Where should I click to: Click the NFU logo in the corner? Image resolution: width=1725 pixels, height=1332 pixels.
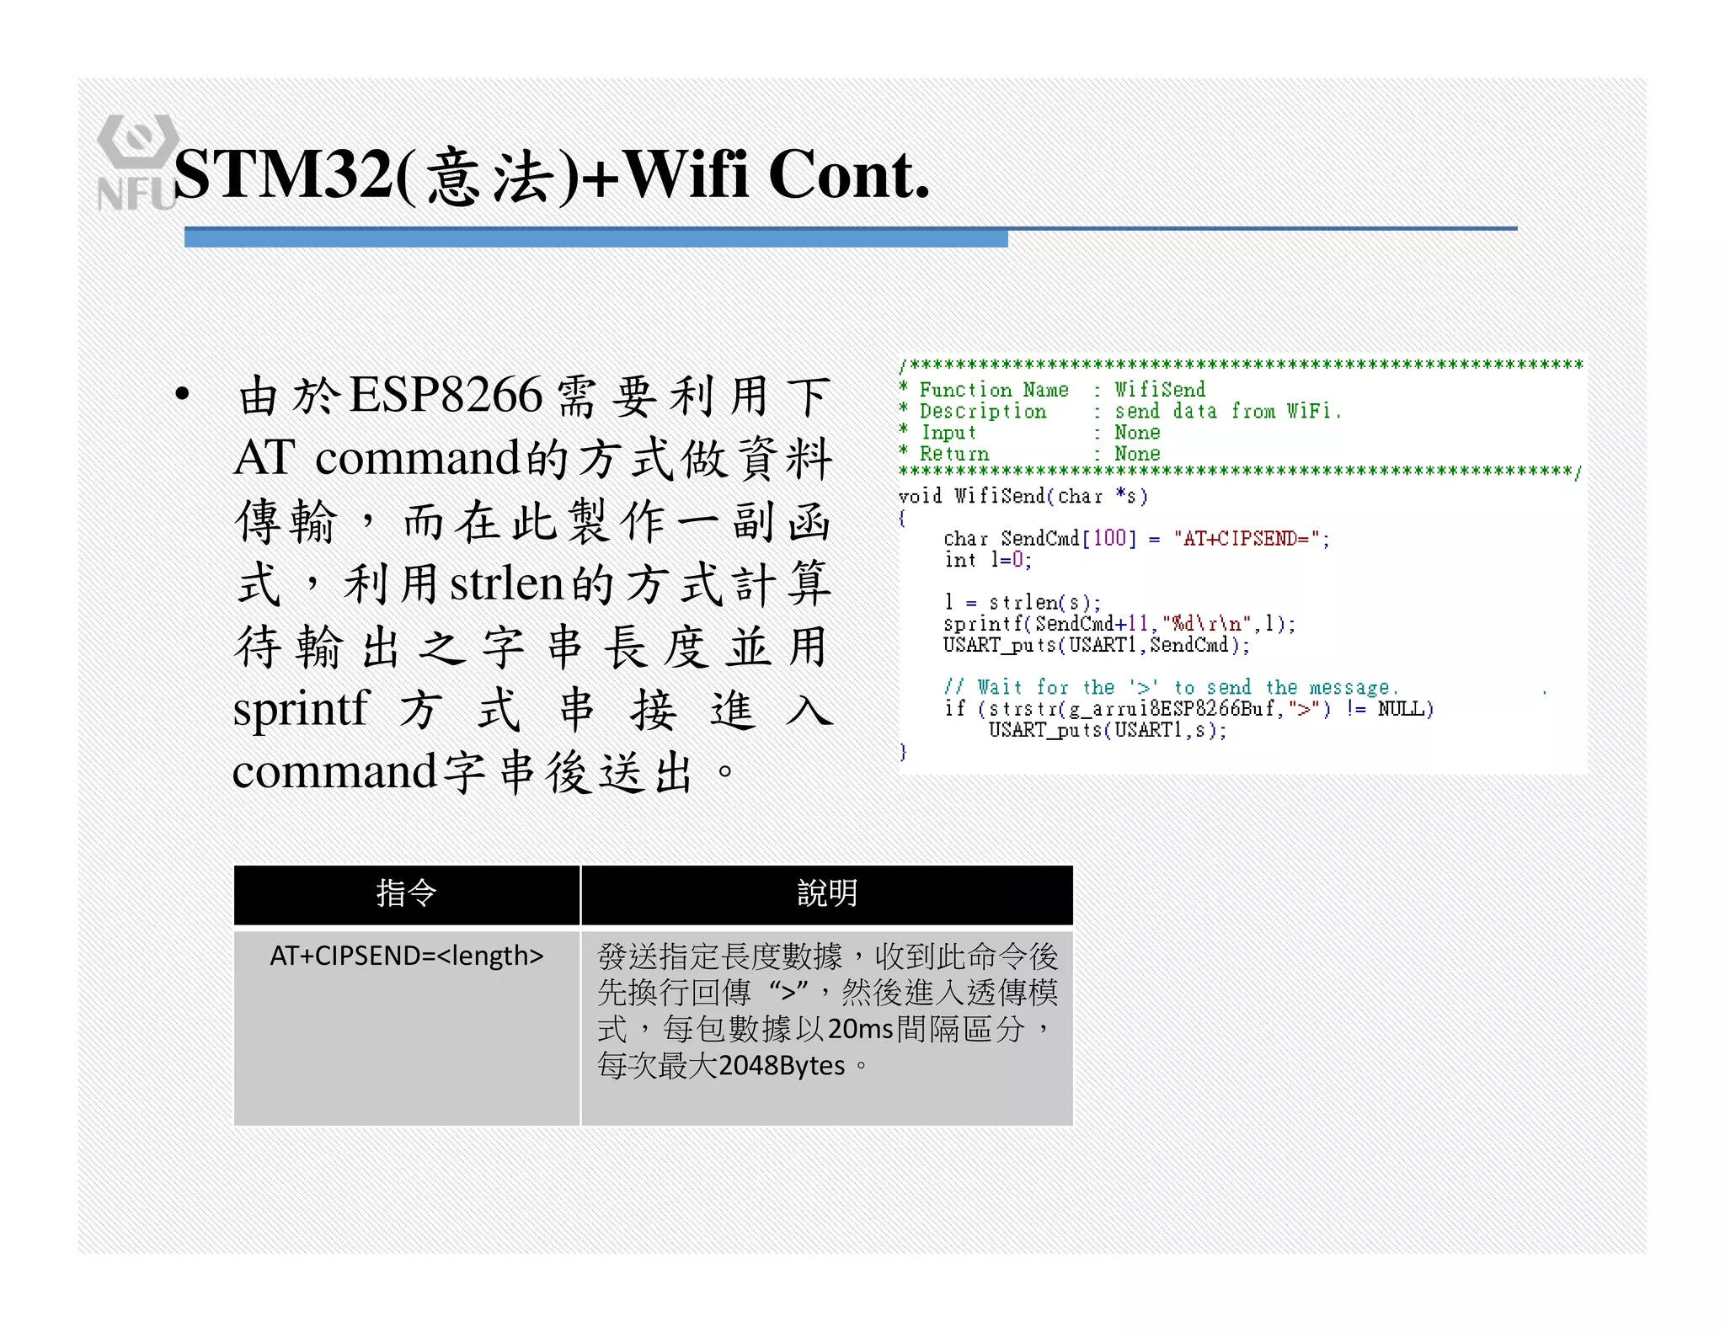[136, 163]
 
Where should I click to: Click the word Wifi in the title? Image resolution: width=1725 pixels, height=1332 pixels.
[686, 175]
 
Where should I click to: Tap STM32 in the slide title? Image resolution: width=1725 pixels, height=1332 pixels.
[283, 175]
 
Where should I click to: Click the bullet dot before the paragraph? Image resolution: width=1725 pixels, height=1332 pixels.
[182, 394]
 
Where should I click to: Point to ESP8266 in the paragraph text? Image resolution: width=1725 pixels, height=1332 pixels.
[446, 394]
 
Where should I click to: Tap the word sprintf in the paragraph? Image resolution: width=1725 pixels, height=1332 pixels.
[301, 708]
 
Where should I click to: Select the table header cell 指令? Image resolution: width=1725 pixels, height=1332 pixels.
[406, 893]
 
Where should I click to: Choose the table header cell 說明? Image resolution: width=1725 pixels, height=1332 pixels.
[826, 893]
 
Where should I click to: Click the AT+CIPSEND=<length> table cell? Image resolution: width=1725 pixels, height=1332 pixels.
[406, 956]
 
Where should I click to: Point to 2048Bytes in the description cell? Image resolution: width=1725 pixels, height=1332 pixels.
[782, 1066]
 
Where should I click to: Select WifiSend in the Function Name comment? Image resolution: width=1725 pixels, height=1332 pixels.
[1160, 390]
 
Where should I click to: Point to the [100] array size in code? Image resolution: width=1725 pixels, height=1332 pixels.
[1108, 539]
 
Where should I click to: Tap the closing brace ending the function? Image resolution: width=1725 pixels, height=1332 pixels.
[903, 751]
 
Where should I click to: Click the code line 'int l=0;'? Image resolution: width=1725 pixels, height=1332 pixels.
[987, 560]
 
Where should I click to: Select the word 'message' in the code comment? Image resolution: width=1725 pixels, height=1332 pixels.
[1348, 688]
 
